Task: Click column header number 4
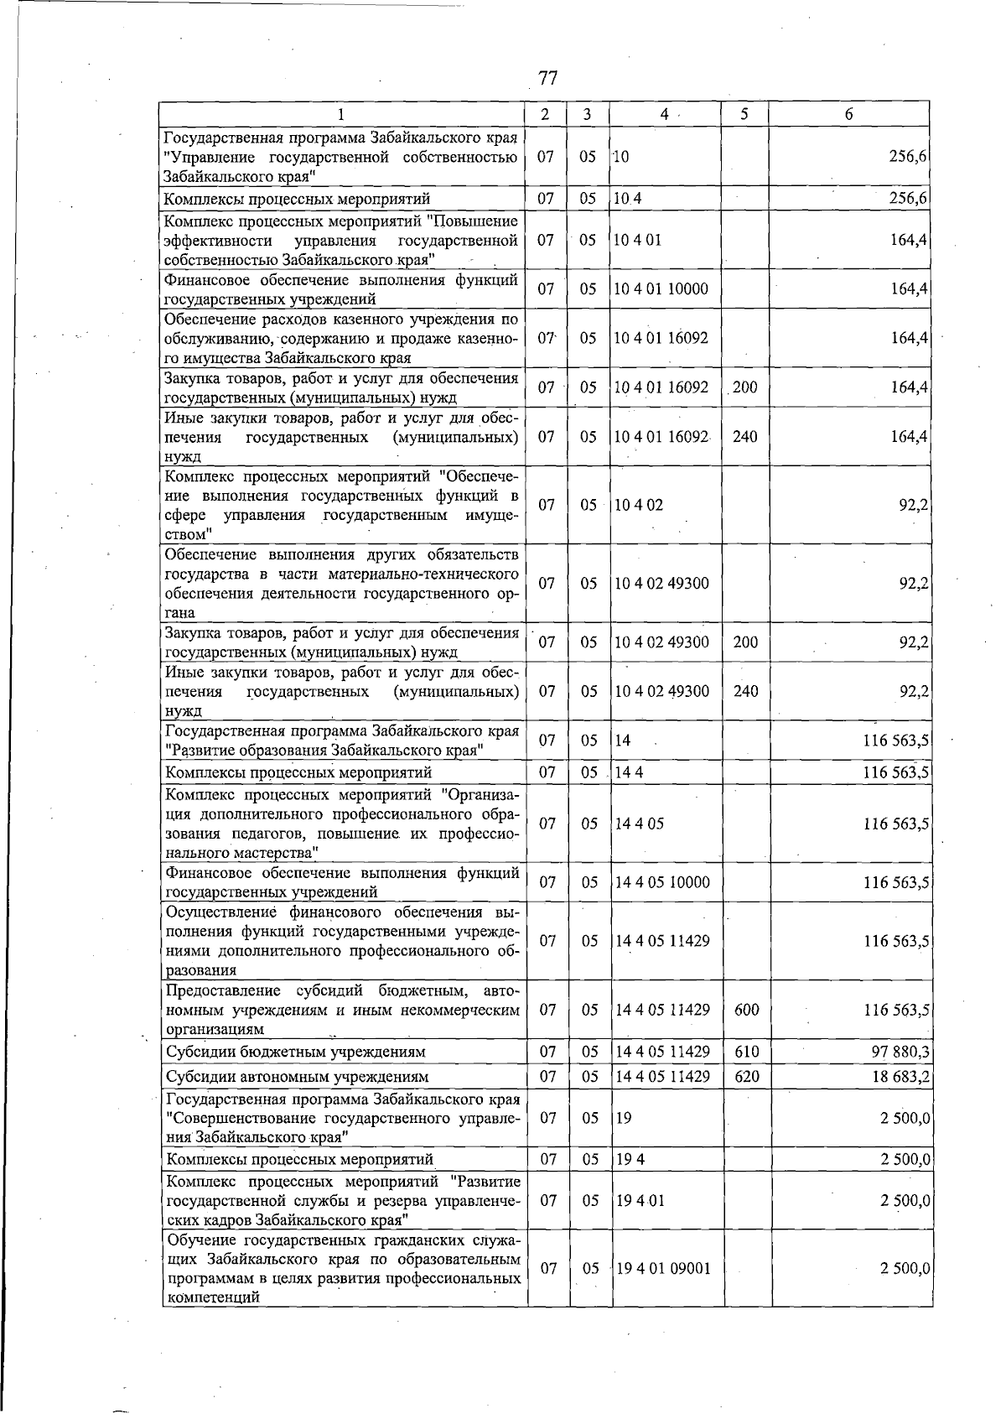(x=663, y=114)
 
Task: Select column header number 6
(x=848, y=114)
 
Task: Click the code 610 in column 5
(x=745, y=1052)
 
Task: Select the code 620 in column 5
(x=745, y=1076)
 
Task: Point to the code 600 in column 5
(x=745, y=1010)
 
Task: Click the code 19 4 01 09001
(x=662, y=1292)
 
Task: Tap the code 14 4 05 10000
(x=662, y=882)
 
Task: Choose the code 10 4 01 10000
(x=661, y=289)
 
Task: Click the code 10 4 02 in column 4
(x=638, y=505)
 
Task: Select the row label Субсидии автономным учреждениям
(x=298, y=1076)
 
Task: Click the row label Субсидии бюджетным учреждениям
(x=296, y=1052)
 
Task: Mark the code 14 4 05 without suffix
(x=640, y=824)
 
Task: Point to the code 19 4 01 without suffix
(x=640, y=1200)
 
